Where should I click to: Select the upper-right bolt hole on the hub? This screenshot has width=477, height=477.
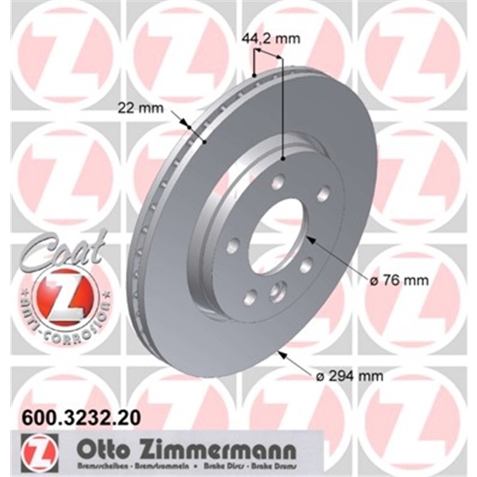(x=323, y=192)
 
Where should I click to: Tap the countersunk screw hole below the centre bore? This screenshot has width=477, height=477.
(x=277, y=291)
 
